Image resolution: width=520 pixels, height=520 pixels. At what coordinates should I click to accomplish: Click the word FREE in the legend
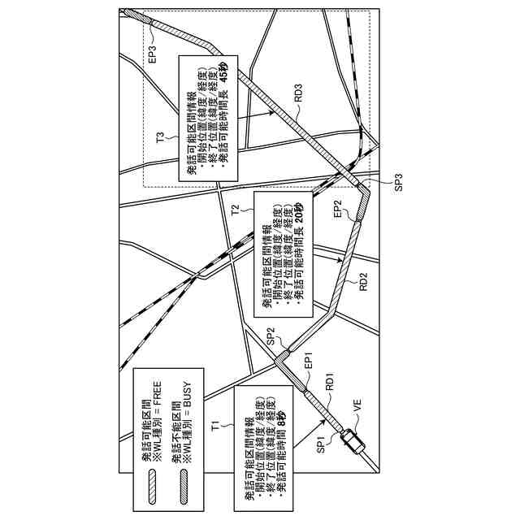pyautogui.click(x=159, y=400)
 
